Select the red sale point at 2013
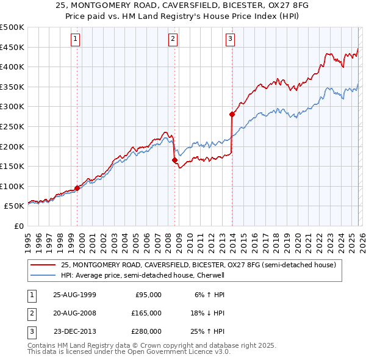[232, 114]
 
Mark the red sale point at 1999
[77, 188]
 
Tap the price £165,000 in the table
[146, 313]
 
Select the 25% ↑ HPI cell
[207, 331]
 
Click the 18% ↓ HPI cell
[207, 313]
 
